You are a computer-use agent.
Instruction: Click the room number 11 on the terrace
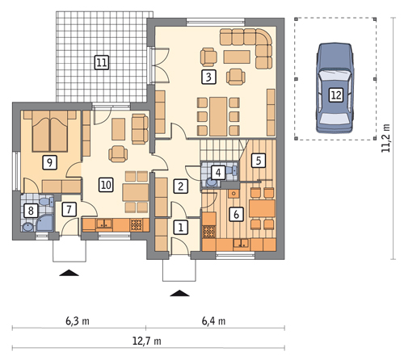click(x=102, y=63)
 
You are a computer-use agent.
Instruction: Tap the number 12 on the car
click(x=336, y=95)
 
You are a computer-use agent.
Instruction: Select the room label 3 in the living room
click(x=208, y=77)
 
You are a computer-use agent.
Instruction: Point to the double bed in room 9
click(x=50, y=132)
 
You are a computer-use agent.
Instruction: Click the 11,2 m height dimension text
click(x=385, y=138)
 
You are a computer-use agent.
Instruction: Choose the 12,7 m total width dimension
click(x=147, y=341)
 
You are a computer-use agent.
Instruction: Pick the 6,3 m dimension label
click(x=78, y=321)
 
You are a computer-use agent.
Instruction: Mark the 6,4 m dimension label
click(x=213, y=321)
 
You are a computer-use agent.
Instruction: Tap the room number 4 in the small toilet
click(x=218, y=173)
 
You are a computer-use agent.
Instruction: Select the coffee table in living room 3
click(x=237, y=57)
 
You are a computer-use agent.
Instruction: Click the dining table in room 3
click(x=218, y=116)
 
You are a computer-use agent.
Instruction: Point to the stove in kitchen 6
click(x=209, y=232)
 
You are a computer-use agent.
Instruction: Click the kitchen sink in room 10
click(x=104, y=224)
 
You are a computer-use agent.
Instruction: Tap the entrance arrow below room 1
click(x=179, y=293)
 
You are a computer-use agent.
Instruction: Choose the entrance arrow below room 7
click(x=69, y=273)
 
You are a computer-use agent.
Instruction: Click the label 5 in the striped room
click(x=259, y=161)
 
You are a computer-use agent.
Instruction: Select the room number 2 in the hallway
click(x=180, y=186)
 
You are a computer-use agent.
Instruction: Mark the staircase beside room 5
click(x=221, y=151)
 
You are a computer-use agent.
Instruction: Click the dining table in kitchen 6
click(x=262, y=208)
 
